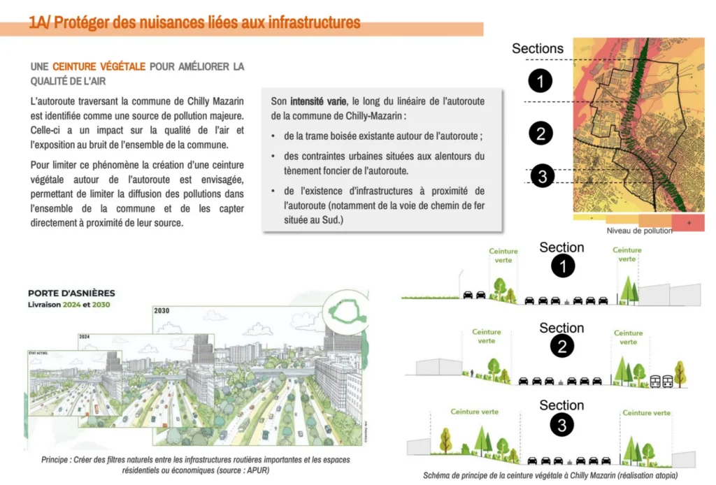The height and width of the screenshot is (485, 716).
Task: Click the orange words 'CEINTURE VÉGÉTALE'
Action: (x=99, y=66)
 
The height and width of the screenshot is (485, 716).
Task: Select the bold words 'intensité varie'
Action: (x=318, y=101)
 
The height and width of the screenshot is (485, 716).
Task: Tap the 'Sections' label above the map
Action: (x=537, y=49)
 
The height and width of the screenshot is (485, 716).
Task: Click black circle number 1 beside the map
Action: (x=540, y=81)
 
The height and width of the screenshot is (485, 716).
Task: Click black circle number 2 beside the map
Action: (x=540, y=133)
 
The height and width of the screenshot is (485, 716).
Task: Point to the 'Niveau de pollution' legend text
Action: (x=639, y=231)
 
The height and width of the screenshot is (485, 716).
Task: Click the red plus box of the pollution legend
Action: (x=689, y=222)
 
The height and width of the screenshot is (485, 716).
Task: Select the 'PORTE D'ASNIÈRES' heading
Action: (x=71, y=294)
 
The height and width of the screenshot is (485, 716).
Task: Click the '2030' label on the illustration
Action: (x=162, y=310)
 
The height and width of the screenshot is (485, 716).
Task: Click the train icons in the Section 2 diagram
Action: (x=661, y=381)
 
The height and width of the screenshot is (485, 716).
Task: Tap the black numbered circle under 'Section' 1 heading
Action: (x=562, y=266)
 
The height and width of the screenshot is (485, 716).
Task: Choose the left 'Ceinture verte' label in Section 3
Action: (x=475, y=412)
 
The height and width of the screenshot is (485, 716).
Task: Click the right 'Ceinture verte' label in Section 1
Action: (x=627, y=254)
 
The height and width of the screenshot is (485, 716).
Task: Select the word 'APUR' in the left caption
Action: (x=255, y=470)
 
